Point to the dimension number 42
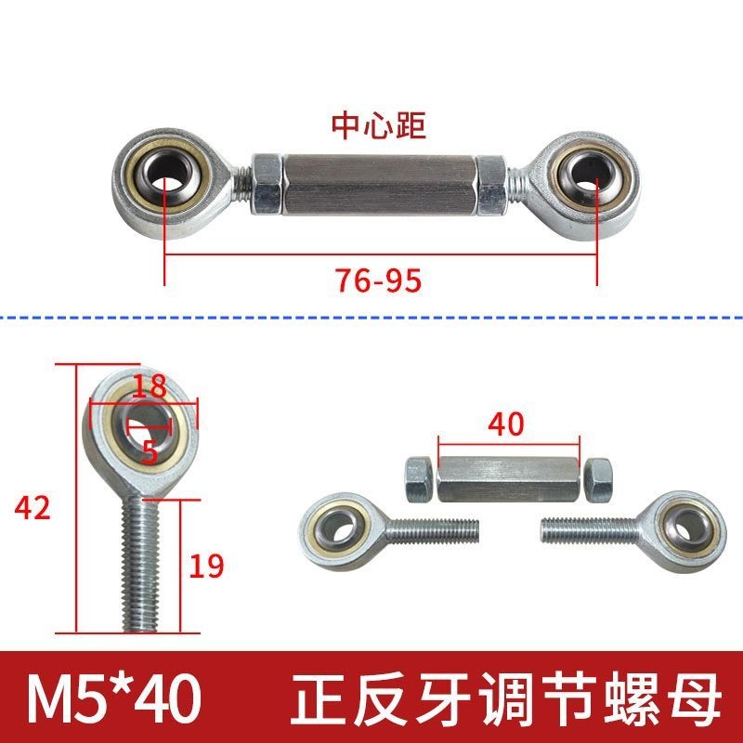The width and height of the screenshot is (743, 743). [32, 507]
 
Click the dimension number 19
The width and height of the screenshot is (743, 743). [205, 566]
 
